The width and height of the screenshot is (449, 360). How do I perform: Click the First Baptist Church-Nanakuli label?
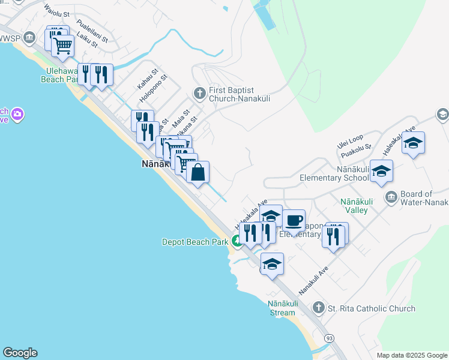pos(238,94)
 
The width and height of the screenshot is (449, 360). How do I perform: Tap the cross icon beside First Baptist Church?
pos(199,93)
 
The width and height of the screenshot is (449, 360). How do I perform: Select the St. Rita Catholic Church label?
pos(371,308)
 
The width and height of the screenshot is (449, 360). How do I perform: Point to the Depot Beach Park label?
pos(194,242)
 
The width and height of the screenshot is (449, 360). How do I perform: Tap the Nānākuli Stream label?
pos(282,308)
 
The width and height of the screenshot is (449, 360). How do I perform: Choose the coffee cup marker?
pos(294,221)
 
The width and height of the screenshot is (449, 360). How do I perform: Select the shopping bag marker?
pos(198,173)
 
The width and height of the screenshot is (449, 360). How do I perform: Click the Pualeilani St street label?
pos(92,32)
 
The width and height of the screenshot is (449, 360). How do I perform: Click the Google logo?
pos(20,353)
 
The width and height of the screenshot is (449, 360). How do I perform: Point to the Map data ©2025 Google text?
pos(411,355)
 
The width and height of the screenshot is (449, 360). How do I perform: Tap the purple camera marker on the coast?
pos(17,113)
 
